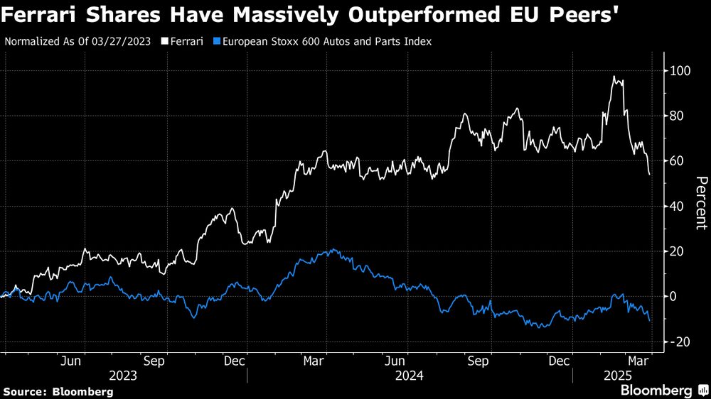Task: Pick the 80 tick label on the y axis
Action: coord(676,116)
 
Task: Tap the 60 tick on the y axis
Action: coord(676,161)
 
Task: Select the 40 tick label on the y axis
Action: coord(676,207)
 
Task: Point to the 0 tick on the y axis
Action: coord(673,297)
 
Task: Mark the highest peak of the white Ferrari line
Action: coord(614,76)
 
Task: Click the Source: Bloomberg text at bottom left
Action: coord(58,391)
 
